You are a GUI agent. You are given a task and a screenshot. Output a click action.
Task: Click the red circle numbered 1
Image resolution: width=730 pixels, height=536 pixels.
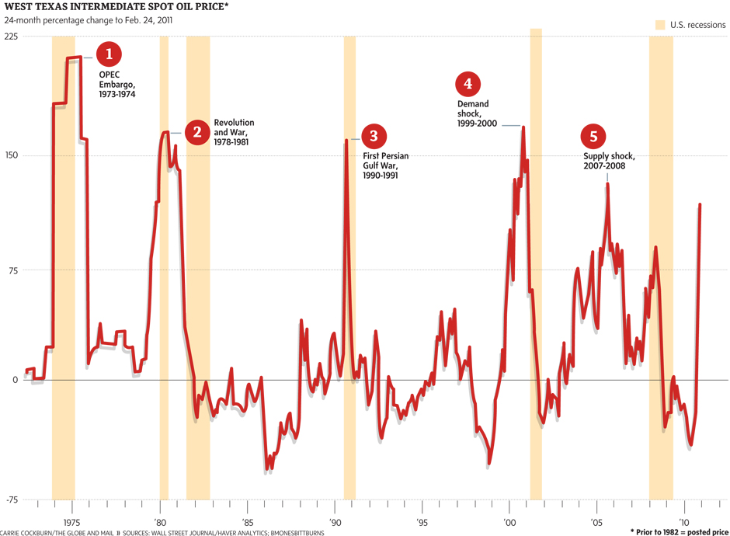pos(109,54)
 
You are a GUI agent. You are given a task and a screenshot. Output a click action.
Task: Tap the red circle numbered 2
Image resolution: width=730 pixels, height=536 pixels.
pos(197,131)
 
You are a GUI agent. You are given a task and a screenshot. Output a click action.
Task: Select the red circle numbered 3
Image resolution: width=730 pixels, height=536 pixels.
pos(374,137)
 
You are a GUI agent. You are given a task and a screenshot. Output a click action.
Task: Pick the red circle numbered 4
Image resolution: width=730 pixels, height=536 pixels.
pos(468,84)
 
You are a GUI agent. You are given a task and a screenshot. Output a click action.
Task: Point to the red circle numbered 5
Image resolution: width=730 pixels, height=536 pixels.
pos(593,137)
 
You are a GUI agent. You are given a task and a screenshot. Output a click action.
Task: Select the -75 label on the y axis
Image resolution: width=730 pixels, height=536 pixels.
pos(9,499)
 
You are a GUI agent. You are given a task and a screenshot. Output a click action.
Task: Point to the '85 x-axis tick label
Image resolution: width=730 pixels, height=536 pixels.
pos(247,522)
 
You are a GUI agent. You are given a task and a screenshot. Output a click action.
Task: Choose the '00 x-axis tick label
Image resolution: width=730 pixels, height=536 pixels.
pos(509,522)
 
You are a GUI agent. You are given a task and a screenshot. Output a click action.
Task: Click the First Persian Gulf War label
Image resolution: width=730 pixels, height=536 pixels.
pos(385,165)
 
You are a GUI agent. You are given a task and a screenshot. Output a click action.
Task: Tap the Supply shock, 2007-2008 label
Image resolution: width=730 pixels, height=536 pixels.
pos(610,160)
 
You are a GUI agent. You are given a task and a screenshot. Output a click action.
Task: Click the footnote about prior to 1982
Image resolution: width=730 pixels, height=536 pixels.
pos(679,531)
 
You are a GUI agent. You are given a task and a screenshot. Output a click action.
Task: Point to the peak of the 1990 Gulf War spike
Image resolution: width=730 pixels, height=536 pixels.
pos(346,141)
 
